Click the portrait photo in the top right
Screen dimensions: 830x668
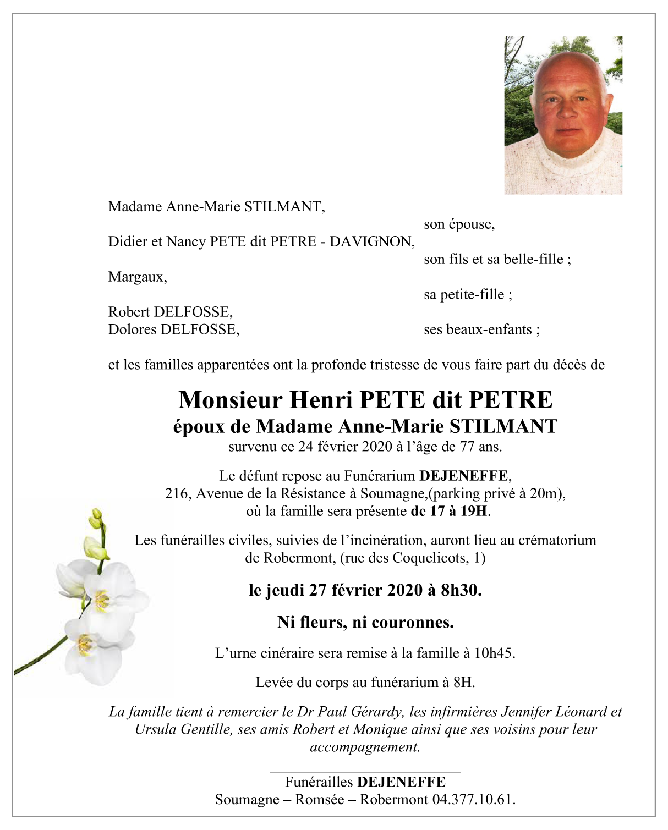pyautogui.click(x=563, y=116)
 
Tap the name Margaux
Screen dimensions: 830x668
pyautogui.click(x=136, y=277)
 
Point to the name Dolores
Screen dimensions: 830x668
pyautogui.click(x=132, y=329)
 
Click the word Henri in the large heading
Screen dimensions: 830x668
pyautogui.click(x=321, y=400)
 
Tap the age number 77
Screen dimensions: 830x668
pyautogui.click(x=467, y=447)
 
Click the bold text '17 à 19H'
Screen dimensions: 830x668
pyautogui.click(x=449, y=511)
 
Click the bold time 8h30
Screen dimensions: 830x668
pyautogui.click(x=461, y=590)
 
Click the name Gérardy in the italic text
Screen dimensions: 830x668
pyautogui.click(x=377, y=712)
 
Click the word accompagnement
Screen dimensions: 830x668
pyautogui.click(x=365, y=747)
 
